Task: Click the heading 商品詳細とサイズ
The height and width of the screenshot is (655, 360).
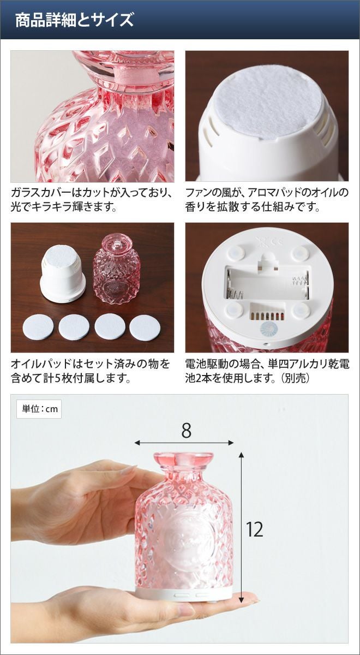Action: click(x=74, y=20)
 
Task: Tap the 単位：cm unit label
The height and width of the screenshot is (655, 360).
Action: click(x=39, y=409)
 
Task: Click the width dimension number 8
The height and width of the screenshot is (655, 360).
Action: click(x=186, y=431)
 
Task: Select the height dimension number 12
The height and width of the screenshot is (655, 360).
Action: click(x=255, y=529)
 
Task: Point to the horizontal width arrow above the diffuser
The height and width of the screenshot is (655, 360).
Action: click(x=184, y=443)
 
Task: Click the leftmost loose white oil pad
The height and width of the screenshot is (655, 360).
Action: click(x=38, y=327)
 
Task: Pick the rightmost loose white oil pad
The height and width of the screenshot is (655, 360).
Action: click(x=145, y=327)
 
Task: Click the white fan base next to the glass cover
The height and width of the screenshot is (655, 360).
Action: click(x=63, y=273)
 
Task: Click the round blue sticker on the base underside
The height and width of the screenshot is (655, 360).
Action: click(x=268, y=329)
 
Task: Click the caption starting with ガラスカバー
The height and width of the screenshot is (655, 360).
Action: click(x=92, y=200)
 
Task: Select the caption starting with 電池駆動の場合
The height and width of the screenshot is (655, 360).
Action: click(x=267, y=371)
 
